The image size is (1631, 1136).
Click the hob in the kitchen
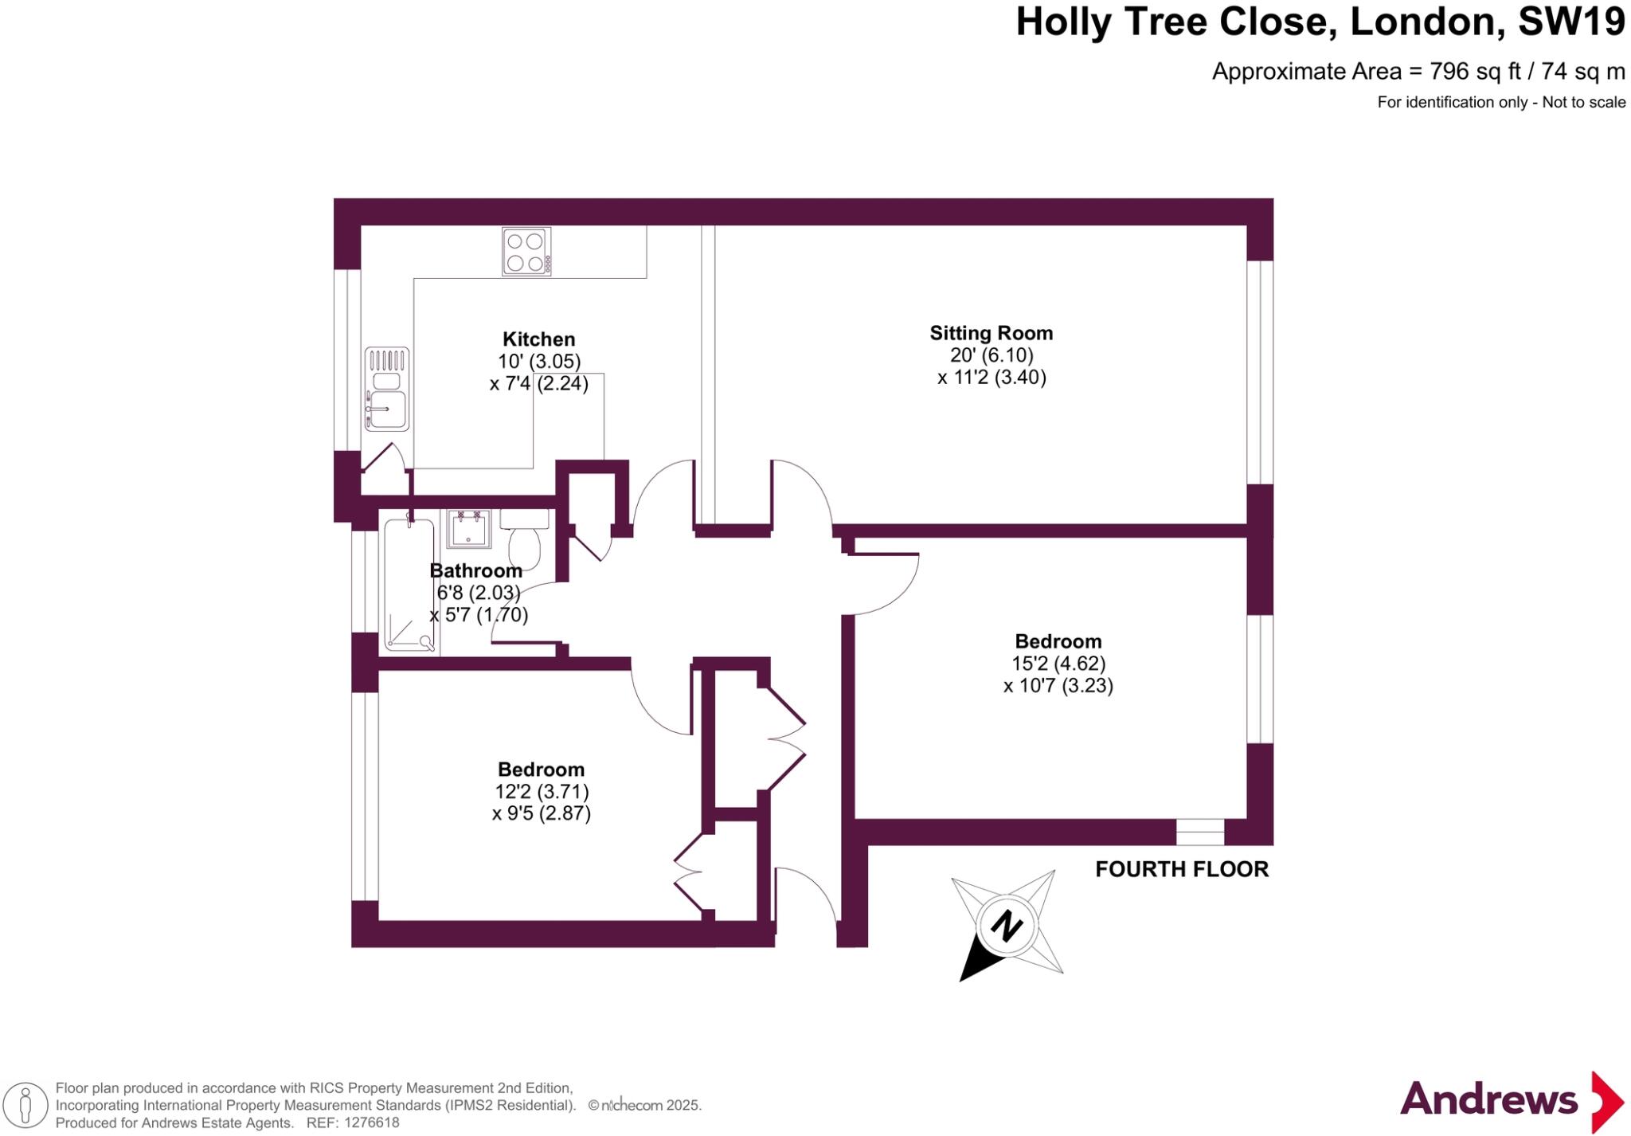(526, 251)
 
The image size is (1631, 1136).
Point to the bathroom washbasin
(469, 529)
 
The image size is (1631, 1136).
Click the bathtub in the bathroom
(409, 585)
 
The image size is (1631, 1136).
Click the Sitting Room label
(991, 333)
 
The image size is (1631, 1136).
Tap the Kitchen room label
(538, 339)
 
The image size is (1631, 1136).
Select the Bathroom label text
(475, 570)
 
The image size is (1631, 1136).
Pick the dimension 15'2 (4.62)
(1058, 663)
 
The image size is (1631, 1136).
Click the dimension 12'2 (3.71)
(542, 791)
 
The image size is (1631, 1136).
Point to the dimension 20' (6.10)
(991, 355)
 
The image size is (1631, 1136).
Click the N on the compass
(1007, 926)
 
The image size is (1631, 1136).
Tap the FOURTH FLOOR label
(1181, 869)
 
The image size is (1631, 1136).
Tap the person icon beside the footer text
(25, 1106)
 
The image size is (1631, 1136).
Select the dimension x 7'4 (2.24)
(538, 384)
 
